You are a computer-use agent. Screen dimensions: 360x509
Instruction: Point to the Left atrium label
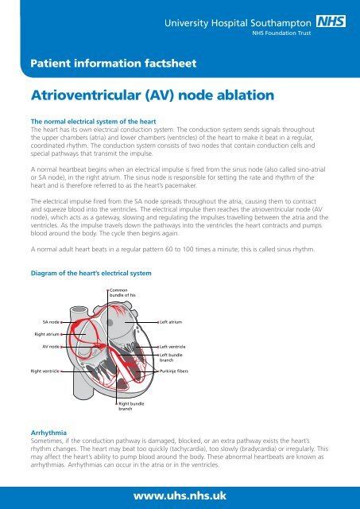pyautogui.click(x=172, y=322)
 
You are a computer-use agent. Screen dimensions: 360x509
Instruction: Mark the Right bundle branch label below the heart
pyautogui.click(x=131, y=406)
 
